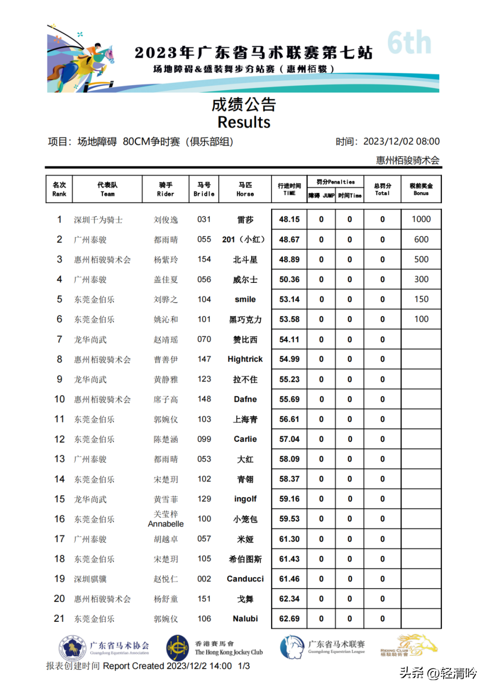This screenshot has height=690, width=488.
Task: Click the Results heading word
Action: [244, 122]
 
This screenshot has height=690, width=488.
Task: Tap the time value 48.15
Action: [289, 220]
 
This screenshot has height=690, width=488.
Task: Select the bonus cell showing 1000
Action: [421, 220]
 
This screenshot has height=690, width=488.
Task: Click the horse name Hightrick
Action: [245, 359]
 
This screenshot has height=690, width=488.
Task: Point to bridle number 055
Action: [204, 239]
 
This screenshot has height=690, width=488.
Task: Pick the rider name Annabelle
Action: [166, 524]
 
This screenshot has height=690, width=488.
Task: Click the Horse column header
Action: [245, 189]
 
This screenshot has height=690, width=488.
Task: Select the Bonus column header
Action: [421, 189]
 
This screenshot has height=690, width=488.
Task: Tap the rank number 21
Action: [59, 619]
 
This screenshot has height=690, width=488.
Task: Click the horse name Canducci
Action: [245, 579]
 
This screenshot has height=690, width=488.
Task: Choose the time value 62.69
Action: [289, 619]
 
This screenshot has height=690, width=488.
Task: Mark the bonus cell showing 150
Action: [421, 299]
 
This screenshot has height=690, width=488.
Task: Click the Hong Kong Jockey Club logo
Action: [178, 648]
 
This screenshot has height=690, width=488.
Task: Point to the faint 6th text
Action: [409, 43]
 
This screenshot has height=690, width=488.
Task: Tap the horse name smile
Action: [245, 300]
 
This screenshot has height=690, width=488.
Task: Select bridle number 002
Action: [204, 579]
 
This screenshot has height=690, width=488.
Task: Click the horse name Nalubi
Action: [245, 619]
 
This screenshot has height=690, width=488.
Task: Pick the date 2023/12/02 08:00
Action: [401, 141]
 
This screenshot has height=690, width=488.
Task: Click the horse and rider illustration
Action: [81, 59]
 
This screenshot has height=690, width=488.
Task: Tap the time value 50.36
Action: [289, 280]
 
